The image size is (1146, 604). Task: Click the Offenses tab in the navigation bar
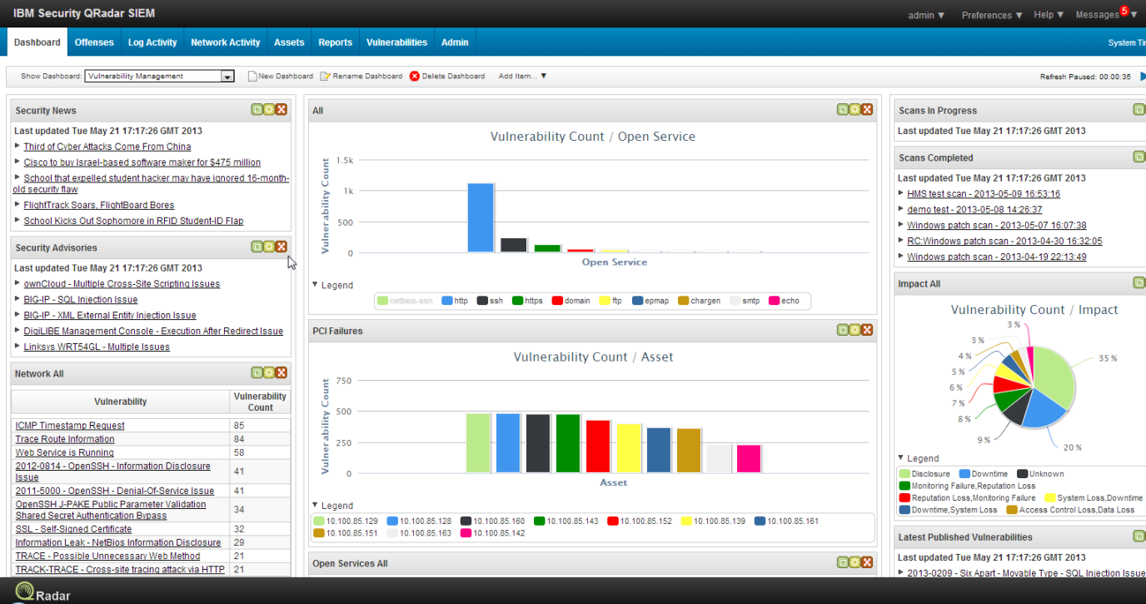(94, 42)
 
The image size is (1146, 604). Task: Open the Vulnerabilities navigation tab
(396, 42)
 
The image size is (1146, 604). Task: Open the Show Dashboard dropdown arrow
(227, 77)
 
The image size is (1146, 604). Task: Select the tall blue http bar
(481, 217)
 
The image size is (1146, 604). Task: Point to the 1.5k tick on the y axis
(344, 160)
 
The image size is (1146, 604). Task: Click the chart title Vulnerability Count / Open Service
(592, 137)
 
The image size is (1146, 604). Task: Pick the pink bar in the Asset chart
(749, 458)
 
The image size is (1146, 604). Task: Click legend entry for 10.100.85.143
(566, 521)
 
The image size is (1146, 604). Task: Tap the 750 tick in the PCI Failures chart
(343, 381)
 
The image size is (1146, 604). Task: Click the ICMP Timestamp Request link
(70, 426)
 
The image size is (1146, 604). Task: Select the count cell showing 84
(239, 439)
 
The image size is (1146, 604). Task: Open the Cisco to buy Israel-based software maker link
(142, 162)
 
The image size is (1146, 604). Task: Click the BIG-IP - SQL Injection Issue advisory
(81, 300)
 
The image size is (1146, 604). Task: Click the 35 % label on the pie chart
(1107, 358)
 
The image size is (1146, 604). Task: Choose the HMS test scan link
(983, 194)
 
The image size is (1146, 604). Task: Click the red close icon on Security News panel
(282, 110)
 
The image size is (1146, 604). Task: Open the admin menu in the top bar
(926, 15)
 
